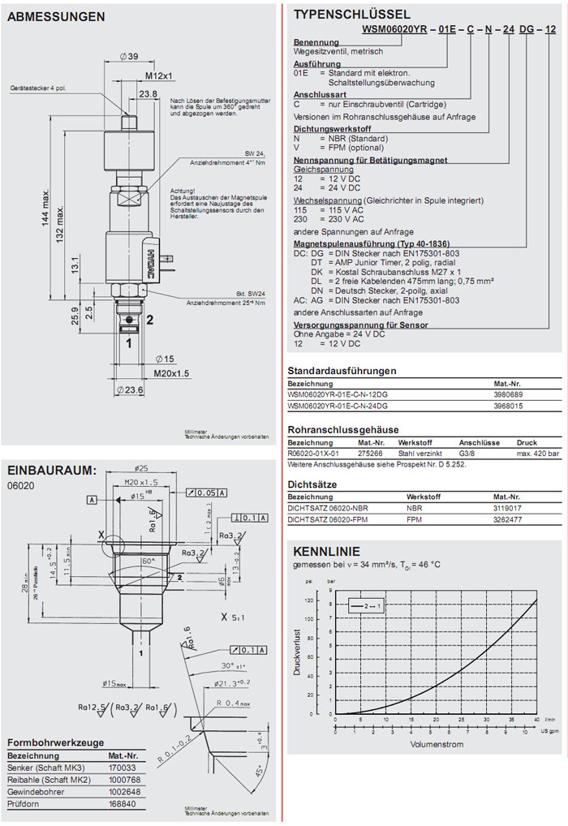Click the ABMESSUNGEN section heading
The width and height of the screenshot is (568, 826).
click(x=55, y=16)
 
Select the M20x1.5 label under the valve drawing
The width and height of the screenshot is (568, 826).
click(x=172, y=373)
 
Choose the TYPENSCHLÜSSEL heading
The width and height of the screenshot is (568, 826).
click(x=351, y=14)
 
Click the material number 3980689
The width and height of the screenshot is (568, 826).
click(x=508, y=394)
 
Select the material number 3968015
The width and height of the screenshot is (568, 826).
click(x=508, y=405)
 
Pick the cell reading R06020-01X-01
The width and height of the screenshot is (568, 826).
click(x=314, y=454)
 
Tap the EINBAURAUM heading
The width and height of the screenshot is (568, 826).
click(x=51, y=471)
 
